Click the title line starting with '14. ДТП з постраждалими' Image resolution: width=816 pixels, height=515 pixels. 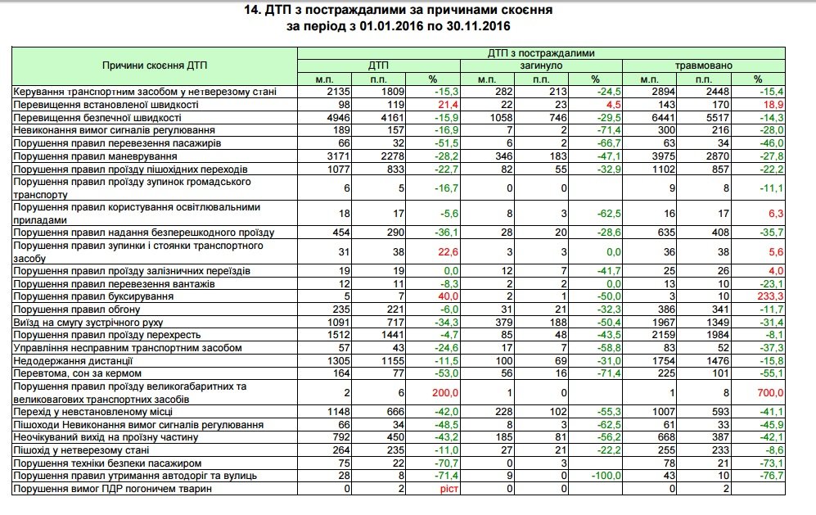click(408, 11)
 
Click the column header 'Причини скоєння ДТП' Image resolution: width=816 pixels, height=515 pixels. click(153, 65)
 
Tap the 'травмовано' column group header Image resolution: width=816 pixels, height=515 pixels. click(703, 65)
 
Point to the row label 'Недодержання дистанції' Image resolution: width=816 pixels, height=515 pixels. click(74, 361)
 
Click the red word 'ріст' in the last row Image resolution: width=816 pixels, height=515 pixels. click(440, 490)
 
